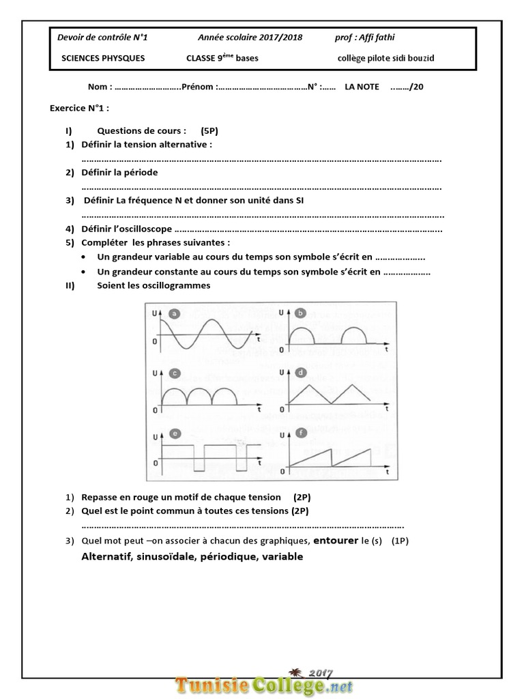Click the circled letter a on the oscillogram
click(x=175, y=314)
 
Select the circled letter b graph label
click(x=301, y=313)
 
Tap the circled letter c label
click(x=175, y=373)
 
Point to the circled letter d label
click(x=301, y=373)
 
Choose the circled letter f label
click(x=301, y=433)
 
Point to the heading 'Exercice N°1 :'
click(x=79, y=108)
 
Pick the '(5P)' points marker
click(x=209, y=130)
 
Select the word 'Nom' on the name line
click(x=98, y=87)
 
